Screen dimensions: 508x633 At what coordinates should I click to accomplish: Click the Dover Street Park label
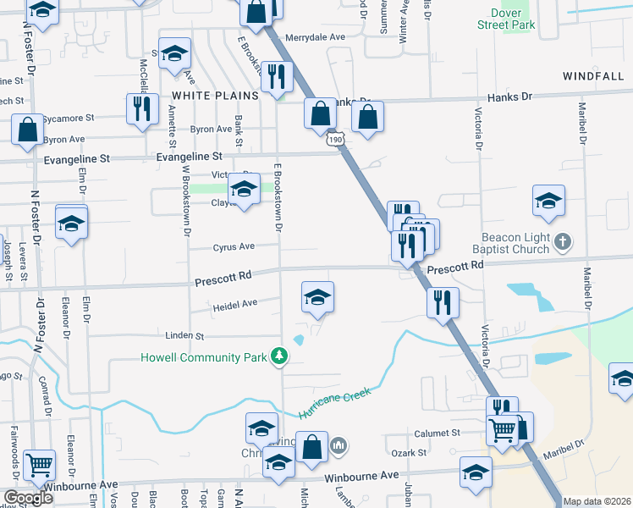513,19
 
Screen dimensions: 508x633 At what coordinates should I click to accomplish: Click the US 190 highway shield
336,139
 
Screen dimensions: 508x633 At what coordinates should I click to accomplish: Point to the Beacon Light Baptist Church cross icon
563,244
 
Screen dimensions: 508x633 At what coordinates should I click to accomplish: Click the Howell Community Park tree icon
279,357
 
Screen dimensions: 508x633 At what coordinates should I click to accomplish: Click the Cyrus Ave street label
233,247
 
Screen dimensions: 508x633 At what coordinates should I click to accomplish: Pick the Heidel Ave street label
235,303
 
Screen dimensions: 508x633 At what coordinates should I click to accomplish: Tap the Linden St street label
188,336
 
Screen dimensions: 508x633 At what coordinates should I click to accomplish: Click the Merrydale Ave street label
316,37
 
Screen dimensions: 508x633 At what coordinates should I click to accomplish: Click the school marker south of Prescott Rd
318,296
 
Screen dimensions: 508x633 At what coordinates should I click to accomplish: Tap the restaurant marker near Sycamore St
141,108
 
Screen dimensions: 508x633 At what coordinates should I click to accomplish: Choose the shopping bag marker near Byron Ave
27,130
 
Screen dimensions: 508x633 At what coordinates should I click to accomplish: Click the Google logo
29,498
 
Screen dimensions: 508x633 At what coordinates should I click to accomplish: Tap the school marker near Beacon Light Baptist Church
548,201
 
